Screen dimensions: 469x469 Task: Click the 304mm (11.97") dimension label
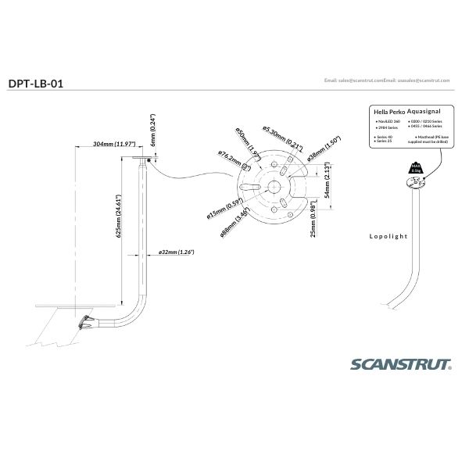click(114, 145)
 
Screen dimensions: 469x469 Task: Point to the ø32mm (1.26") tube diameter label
click(176, 252)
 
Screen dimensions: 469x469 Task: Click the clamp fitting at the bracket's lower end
click(83, 320)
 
